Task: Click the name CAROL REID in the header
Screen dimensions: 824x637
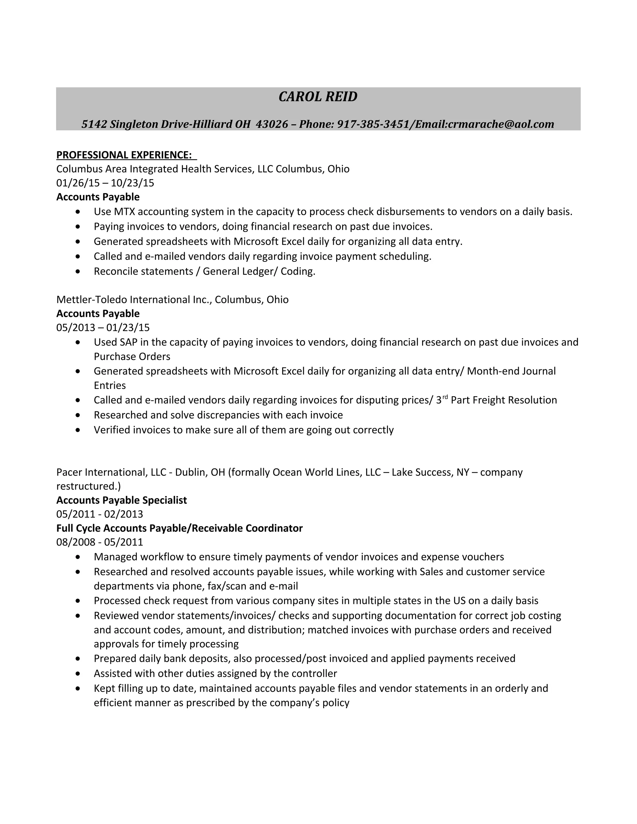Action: (318, 97)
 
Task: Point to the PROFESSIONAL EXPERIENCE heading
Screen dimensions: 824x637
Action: (124, 155)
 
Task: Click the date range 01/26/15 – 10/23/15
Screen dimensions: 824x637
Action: (105, 183)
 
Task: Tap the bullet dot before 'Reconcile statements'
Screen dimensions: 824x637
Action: (78, 271)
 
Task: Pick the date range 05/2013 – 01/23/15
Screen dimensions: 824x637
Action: (103, 327)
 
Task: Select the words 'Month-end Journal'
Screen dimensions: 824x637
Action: (511, 371)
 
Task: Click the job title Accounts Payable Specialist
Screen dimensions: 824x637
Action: (122, 500)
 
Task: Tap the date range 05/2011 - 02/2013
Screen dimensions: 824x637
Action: (100, 514)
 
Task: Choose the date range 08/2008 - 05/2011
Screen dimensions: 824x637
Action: (100, 542)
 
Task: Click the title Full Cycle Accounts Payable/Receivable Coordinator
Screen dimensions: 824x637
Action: (179, 528)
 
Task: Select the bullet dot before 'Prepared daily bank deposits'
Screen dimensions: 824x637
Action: (78, 659)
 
